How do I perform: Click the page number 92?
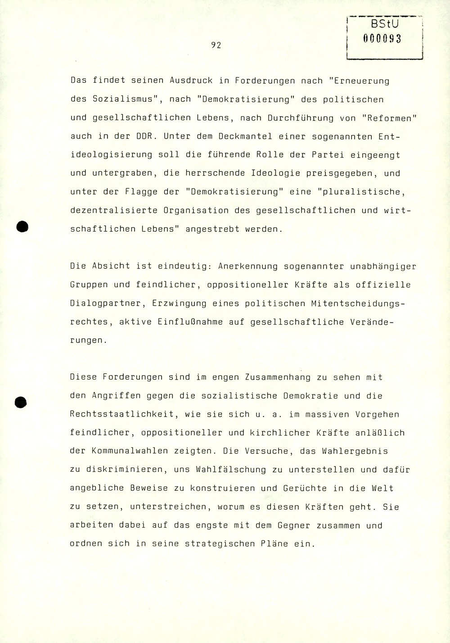[x=216, y=45]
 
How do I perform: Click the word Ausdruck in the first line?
[x=190, y=81]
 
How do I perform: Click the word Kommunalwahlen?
[x=123, y=451]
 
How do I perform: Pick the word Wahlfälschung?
[x=231, y=469]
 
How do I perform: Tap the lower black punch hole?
[x=21, y=402]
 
